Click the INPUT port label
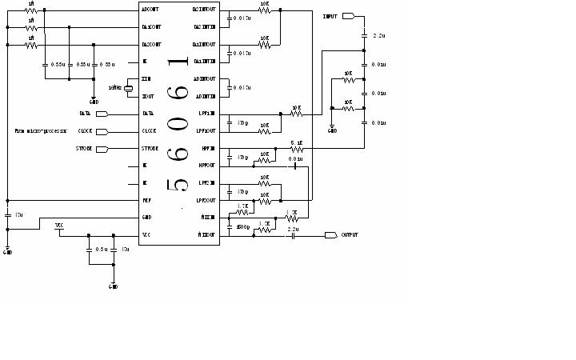(330, 16)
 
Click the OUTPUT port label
(350, 235)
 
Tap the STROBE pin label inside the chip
(150, 149)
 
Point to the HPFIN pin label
(206, 149)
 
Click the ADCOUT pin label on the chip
(150, 10)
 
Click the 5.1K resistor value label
(296, 142)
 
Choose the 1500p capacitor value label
(244, 228)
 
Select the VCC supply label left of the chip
(59, 226)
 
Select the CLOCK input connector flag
(102, 131)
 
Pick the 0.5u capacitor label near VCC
(102, 250)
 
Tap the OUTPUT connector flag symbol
(331, 235)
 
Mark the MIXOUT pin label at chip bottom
(206, 234)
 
